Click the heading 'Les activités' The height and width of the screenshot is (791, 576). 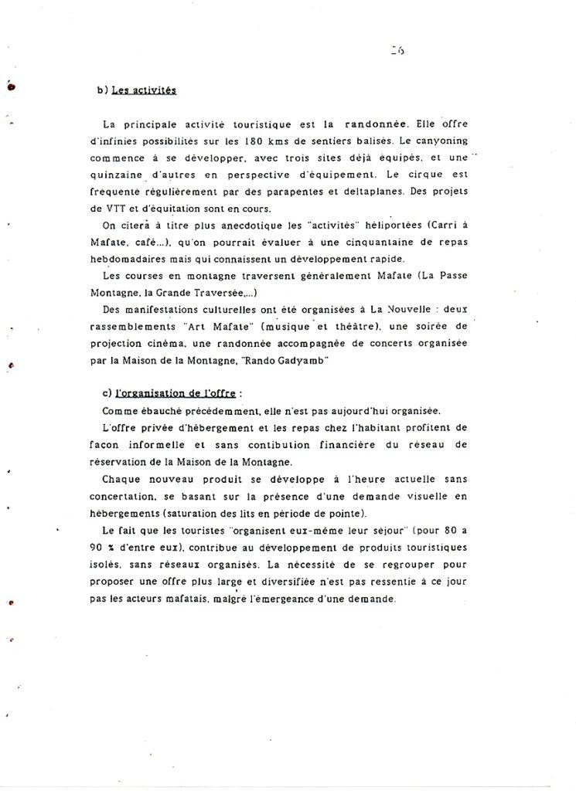point(144,91)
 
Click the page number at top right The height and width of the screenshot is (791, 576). point(399,51)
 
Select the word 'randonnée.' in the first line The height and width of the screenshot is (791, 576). point(378,124)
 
